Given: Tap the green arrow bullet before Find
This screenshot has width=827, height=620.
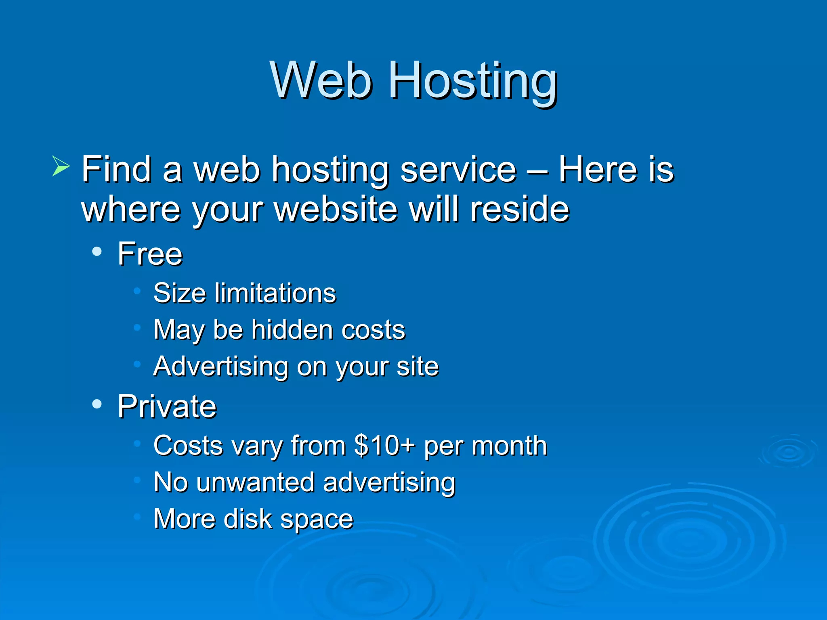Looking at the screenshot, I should click(61, 166).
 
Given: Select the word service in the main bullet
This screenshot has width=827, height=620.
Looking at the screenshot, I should click(458, 170).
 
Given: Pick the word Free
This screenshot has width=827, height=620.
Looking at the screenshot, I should click(150, 254).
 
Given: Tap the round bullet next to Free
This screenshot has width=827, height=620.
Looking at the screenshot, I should click(97, 252).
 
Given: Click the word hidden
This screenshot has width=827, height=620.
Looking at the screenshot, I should click(292, 329).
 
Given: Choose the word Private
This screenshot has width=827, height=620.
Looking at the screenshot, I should click(167, 406).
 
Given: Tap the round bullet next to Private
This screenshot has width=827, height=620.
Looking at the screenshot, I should click(97, 404).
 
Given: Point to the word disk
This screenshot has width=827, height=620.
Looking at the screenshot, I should click(248, 519).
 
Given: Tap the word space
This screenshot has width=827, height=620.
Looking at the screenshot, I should click(317, 520).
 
